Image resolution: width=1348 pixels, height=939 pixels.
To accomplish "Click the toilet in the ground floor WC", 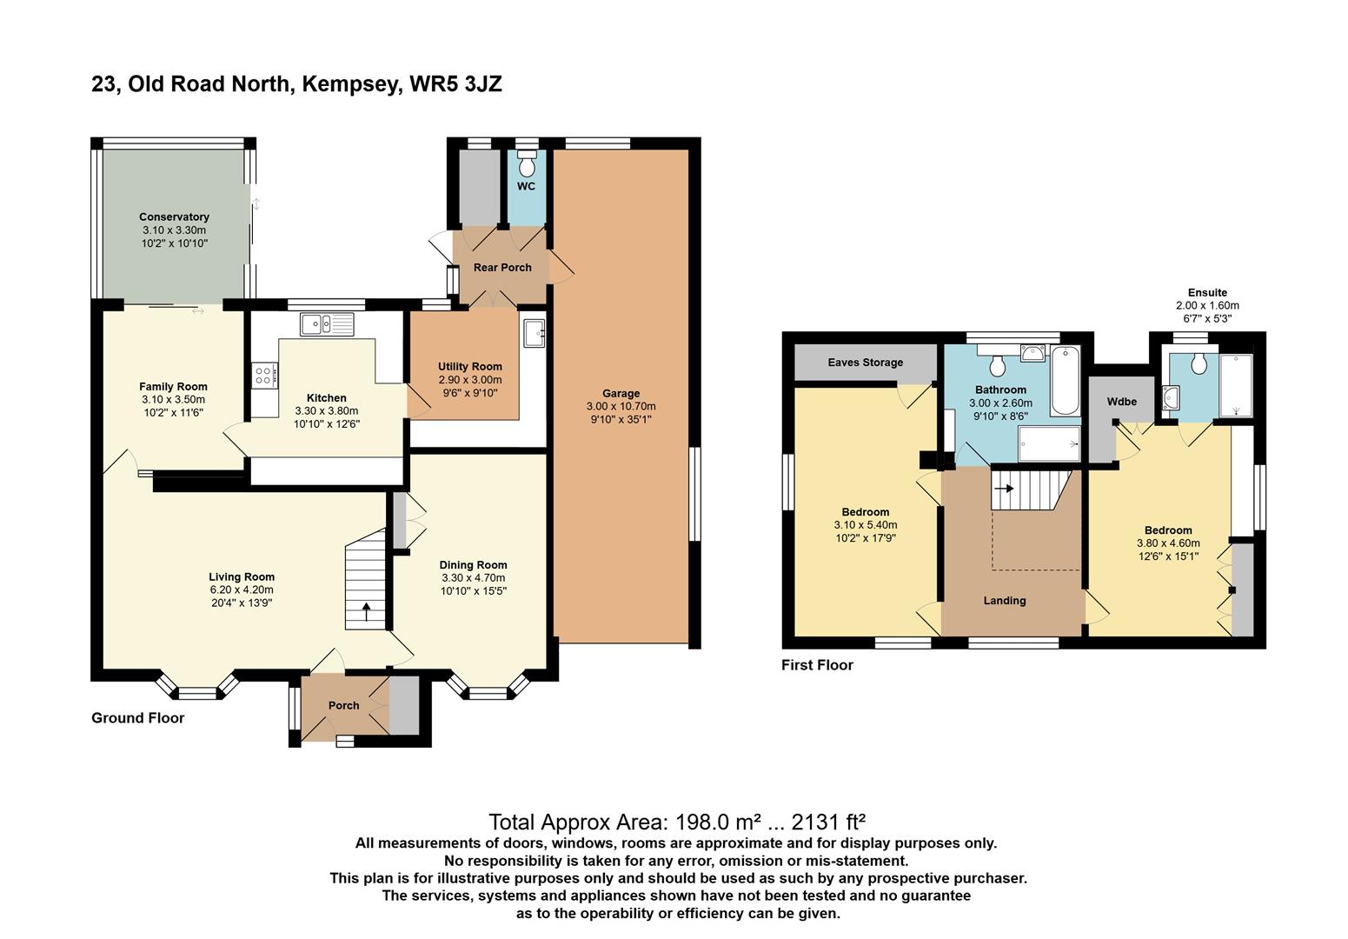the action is click(x=528, y=163).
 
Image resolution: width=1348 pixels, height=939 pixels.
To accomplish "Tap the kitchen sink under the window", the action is click(x=327, y=324).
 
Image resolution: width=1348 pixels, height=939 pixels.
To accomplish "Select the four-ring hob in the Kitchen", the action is click(x=265, y=376).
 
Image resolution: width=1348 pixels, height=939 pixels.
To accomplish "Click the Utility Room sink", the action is click(x=534, y=333).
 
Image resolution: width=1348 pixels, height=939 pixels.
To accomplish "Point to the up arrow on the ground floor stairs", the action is click(x=366, y=612).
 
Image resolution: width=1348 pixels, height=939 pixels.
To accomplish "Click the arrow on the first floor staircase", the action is click(x=1004, y=488).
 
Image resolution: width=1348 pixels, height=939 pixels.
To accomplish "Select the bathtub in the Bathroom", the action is click(x=1066, y=381).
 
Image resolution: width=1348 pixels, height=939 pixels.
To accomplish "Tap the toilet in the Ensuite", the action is click(x=1199, y=363).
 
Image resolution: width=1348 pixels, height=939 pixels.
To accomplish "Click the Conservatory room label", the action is click(x=174, y=216).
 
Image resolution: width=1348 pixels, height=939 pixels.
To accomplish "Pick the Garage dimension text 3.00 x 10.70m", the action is click(x=621, y=406).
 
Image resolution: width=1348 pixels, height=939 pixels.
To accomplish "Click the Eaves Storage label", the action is click(x=866, y=363).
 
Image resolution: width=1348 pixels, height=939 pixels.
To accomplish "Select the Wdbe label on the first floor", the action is click(x=1122, y=402).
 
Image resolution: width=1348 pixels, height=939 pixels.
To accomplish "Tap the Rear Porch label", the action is click(x=502, y=267).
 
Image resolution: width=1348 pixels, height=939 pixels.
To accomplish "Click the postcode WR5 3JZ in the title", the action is click(x=455, y=83).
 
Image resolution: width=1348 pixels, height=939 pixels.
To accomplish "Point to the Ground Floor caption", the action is click(x=138, y=717).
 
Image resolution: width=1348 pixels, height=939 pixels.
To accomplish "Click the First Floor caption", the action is click(x=817, y=665).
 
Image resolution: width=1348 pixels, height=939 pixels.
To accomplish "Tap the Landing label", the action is click(x=1005, y=601).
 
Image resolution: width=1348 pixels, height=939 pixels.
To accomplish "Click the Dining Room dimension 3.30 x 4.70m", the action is click(x=473, y=578).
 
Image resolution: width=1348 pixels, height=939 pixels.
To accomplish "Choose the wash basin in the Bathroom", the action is click(x=1033, y=353).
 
